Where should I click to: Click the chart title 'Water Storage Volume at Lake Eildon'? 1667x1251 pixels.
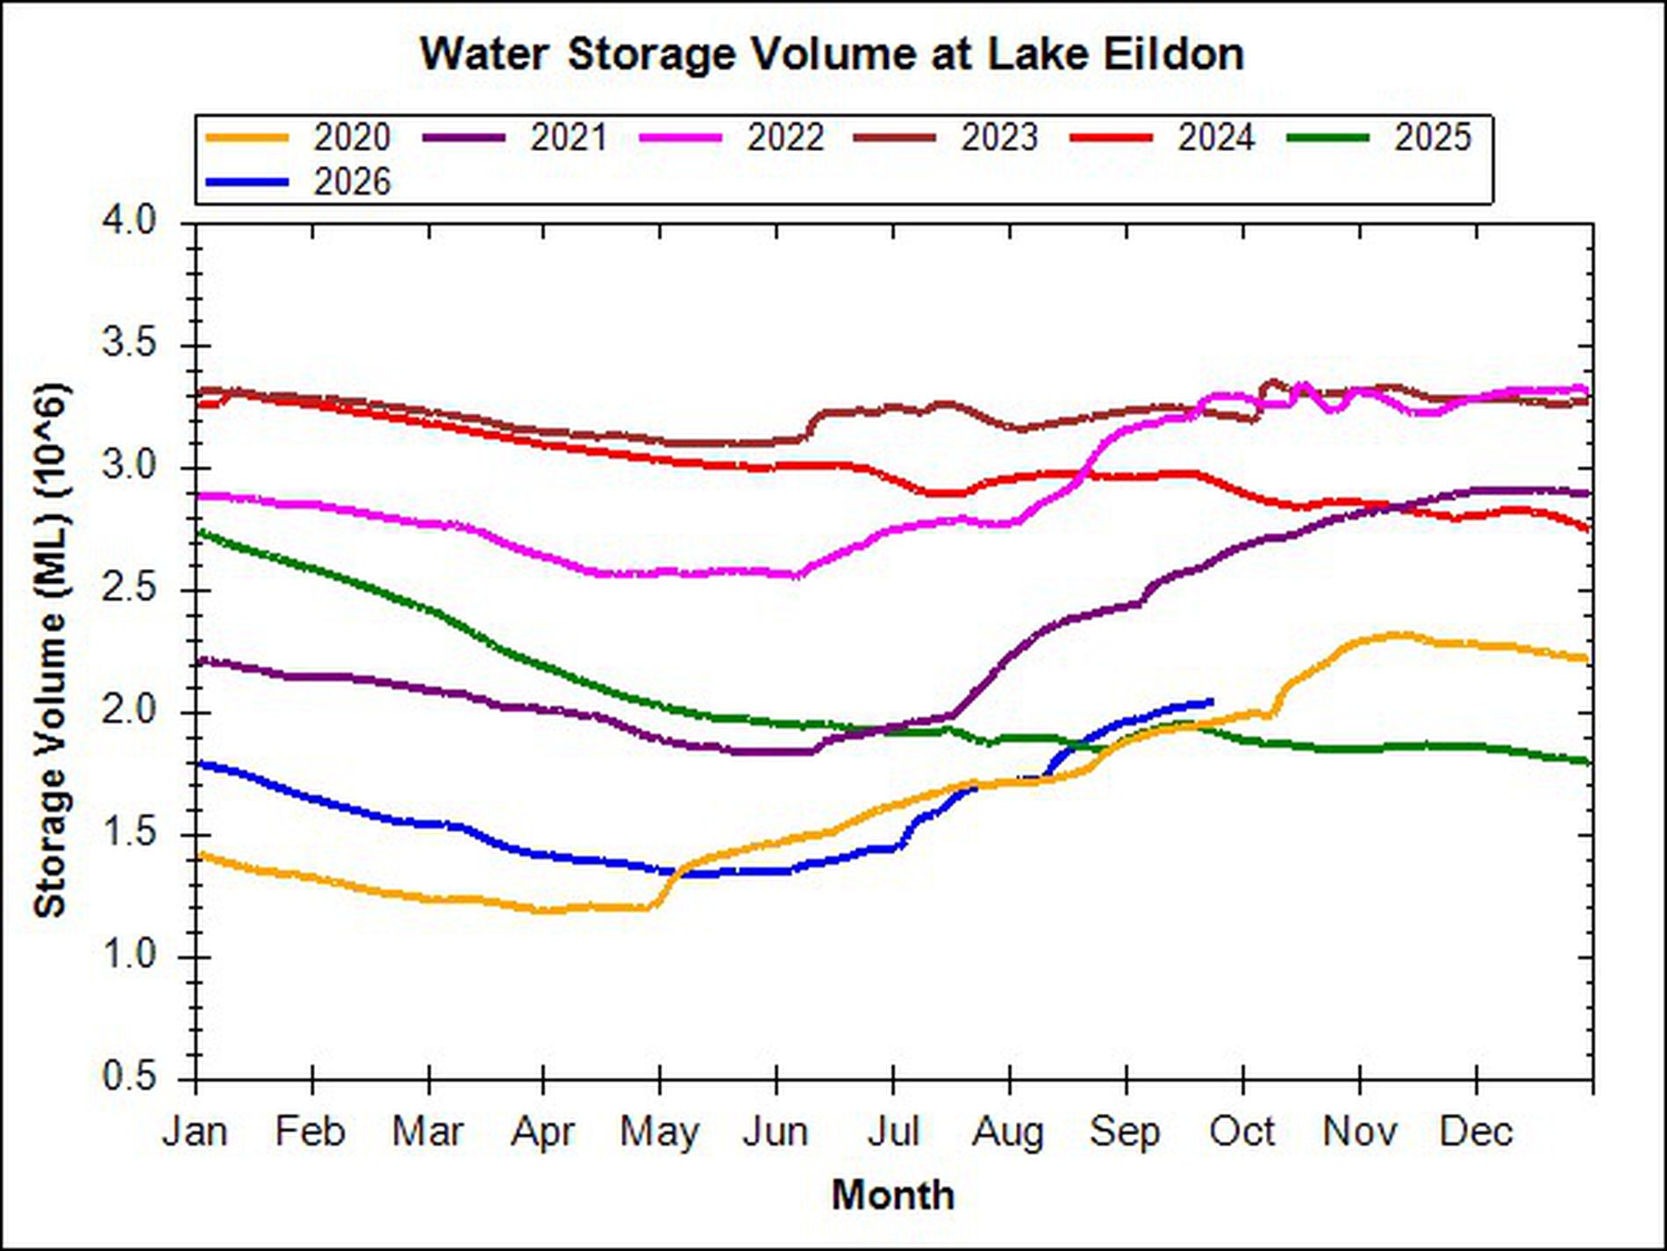(832, 54)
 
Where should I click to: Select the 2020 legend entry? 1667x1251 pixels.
(298, 138)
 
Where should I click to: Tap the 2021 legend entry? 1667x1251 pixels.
(515, 138)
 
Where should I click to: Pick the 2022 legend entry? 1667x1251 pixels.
(732, 138)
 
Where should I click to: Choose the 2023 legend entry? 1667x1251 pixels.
(947, 138)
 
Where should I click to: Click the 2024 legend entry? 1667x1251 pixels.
(1163, 138)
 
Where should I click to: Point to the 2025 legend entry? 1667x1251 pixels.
(1379, 138)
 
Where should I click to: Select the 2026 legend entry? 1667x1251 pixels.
(298, 183)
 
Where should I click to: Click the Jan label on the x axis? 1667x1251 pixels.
(195, 1132)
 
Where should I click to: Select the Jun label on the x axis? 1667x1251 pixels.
(776, 1132)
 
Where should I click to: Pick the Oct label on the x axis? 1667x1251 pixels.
(1241, 1132)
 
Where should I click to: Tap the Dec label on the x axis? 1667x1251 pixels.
(1477, 1132)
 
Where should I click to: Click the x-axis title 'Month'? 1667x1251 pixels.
(893, 1196)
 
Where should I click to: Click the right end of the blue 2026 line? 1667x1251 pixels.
(1212, 701)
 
